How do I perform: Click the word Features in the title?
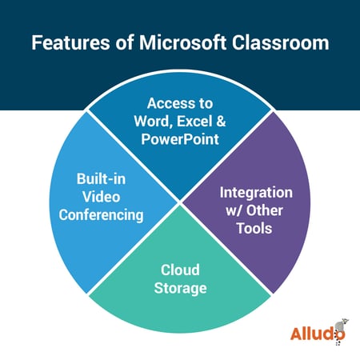tap(70, 42)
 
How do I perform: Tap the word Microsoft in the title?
tap(183, 42)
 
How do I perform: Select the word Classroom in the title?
tap(281, 42)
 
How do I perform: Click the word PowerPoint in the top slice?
tap(180, 139)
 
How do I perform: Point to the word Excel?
tap(194, 122)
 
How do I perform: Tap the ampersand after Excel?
tap(221, 122)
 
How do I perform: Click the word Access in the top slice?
tap(168, 103)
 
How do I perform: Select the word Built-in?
tap(101, 178)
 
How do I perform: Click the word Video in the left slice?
tap(101, 197)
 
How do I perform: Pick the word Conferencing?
tap(101, 215)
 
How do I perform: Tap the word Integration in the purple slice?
tap(256, 193)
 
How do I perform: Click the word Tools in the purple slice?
tap(254, 229)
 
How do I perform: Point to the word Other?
tap(264, 210)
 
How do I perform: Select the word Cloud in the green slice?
tap(180, 270)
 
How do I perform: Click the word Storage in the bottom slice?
tap(180, 289)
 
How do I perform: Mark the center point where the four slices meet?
tap(180, 202)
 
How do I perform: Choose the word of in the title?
tap(125, 42)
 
